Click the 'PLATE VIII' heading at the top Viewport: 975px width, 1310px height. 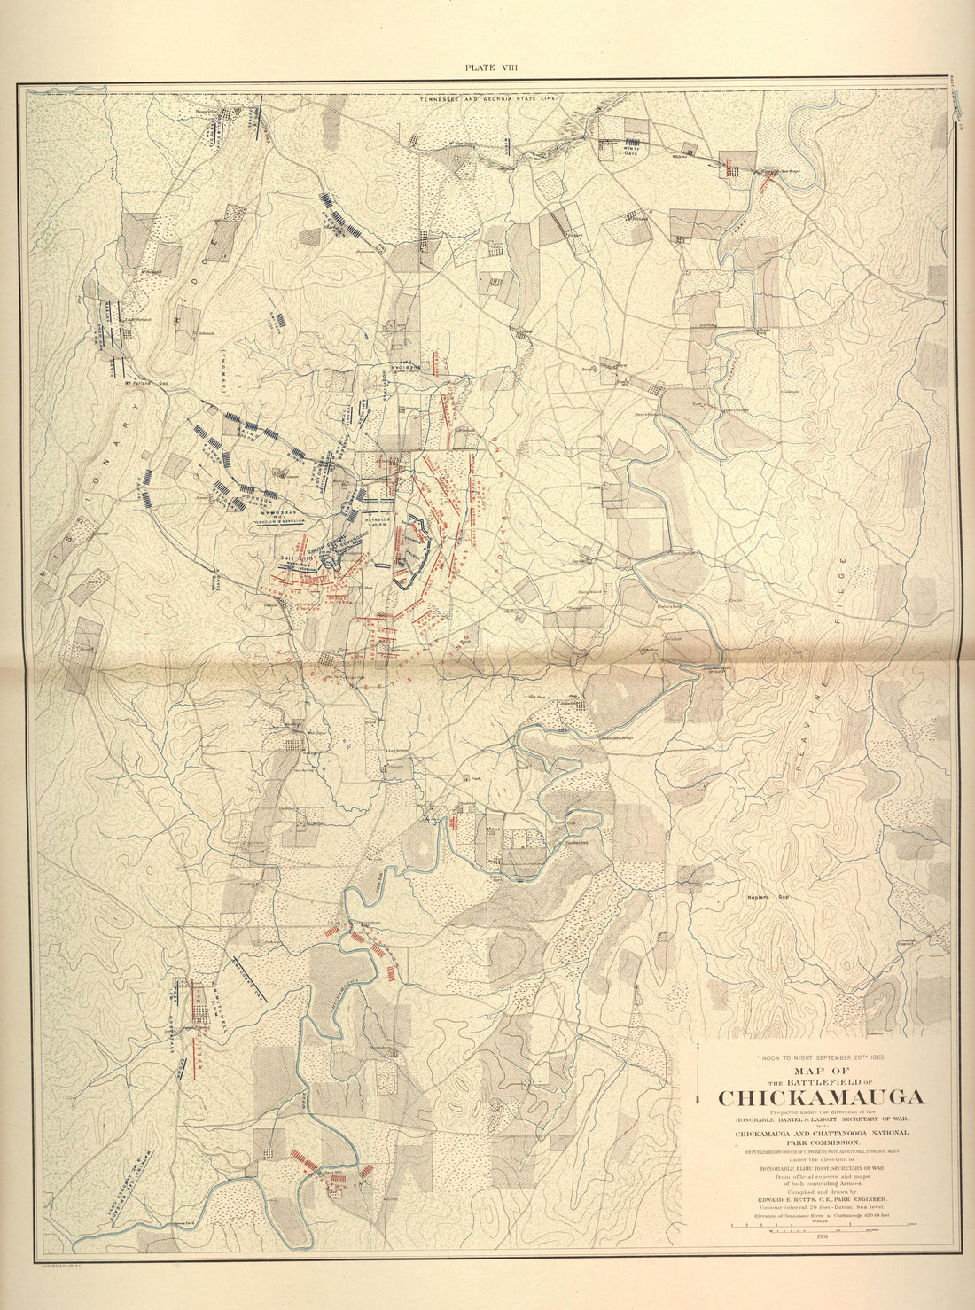pos(487,66)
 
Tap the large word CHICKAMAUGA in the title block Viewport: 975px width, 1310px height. pos(820,1097)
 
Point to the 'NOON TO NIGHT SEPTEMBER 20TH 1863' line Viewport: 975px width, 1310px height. pos(819,1057)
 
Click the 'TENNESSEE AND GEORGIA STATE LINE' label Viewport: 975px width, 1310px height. pos(490,100)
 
